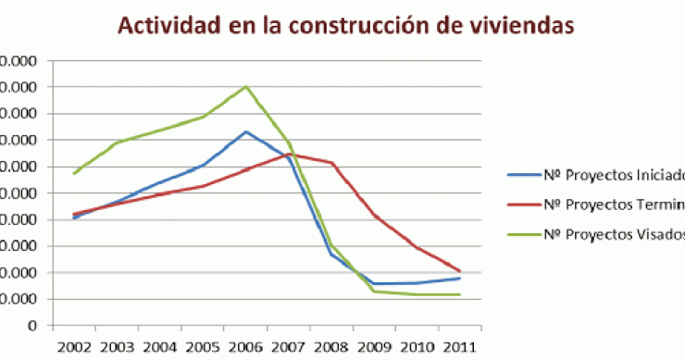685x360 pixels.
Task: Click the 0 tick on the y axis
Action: (x=31, y=326)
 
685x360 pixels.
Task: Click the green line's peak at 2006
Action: (x=246, y=86)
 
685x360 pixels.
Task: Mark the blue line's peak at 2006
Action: (x=246, y=131)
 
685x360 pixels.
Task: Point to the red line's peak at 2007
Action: (x=289, y=154)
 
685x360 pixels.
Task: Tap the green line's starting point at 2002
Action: (x=74, y=173)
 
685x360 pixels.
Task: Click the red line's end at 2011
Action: (x=460, y=271)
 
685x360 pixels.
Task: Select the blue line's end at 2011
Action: (x=460, y=278)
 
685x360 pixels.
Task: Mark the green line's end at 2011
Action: (x=460, y=294)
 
